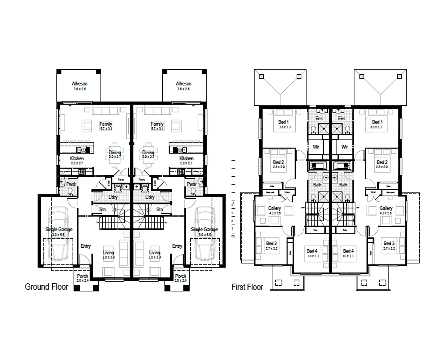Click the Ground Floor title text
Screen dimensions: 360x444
coord(46,287)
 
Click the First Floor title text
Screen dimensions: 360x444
coord(247,287)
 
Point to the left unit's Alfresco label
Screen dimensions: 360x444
coord(80,84)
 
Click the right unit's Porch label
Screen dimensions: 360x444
coord(181,276)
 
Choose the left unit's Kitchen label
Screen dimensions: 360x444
coord(76,158)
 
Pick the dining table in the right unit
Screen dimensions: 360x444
coord(148,154)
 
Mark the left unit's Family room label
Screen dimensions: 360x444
coord(106,124)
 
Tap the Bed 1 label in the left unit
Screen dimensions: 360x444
coord(283,122)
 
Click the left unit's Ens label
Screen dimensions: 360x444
coord(319,119)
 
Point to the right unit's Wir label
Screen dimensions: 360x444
coord(344,147)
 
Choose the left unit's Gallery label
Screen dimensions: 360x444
coord(275,208)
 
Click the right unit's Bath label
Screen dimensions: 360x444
coord(343,185)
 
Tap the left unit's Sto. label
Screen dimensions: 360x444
coord(103,209)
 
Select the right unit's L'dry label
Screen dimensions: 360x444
coord(150,197)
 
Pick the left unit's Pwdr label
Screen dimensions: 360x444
coord(71,184)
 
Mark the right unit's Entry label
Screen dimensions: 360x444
coord(177,246)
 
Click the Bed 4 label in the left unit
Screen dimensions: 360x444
coord(312,251)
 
